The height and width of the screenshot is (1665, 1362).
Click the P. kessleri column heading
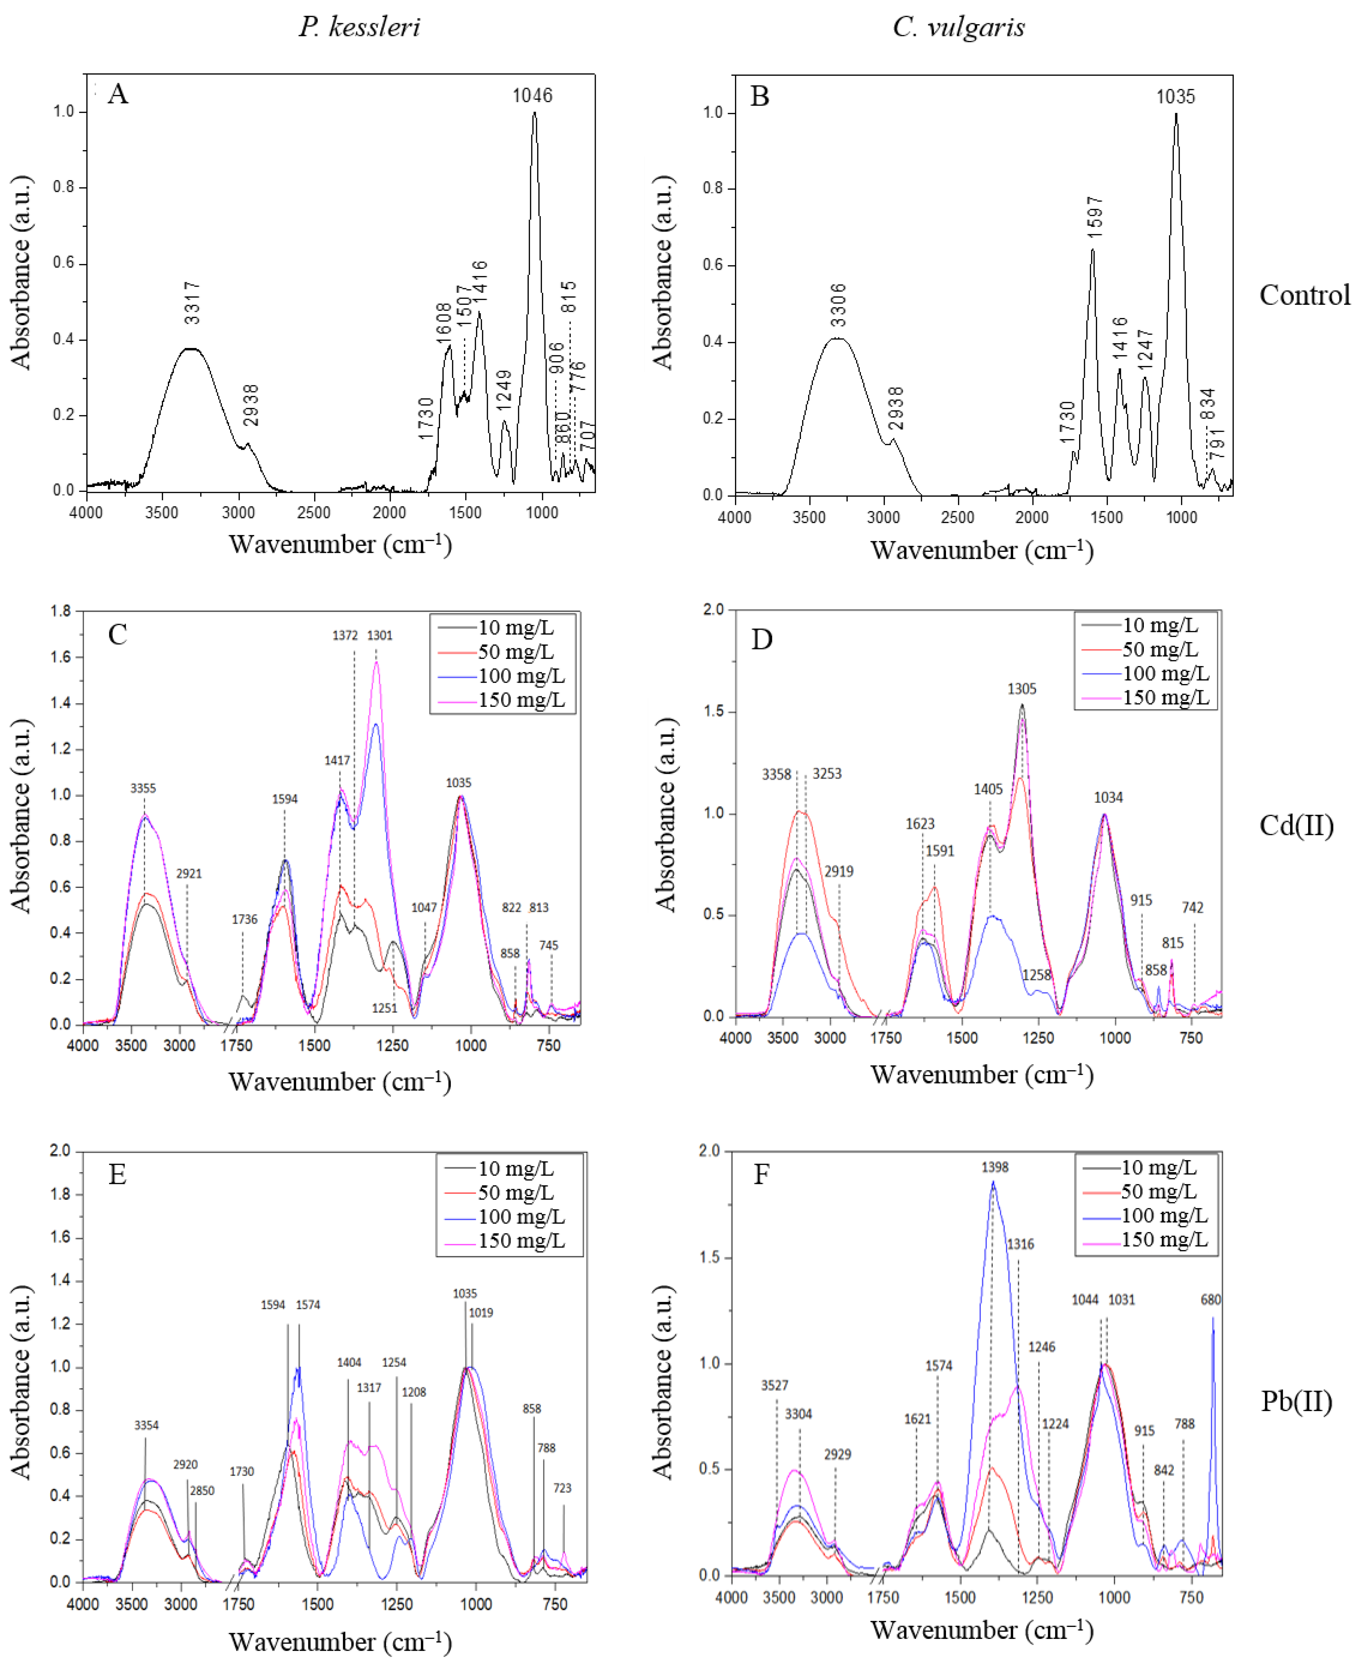pyautogui.click(x=359, y=27)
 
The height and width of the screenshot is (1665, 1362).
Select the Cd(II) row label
pyautogui.click(x=1296, y=825)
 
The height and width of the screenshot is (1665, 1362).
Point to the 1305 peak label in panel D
pyautogui.click(x=1021, y=688)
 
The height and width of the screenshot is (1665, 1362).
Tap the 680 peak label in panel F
pyautogui.click(x=1211, y=1300)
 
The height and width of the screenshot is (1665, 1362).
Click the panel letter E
pyautogui.click(x=118, y=1174)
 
